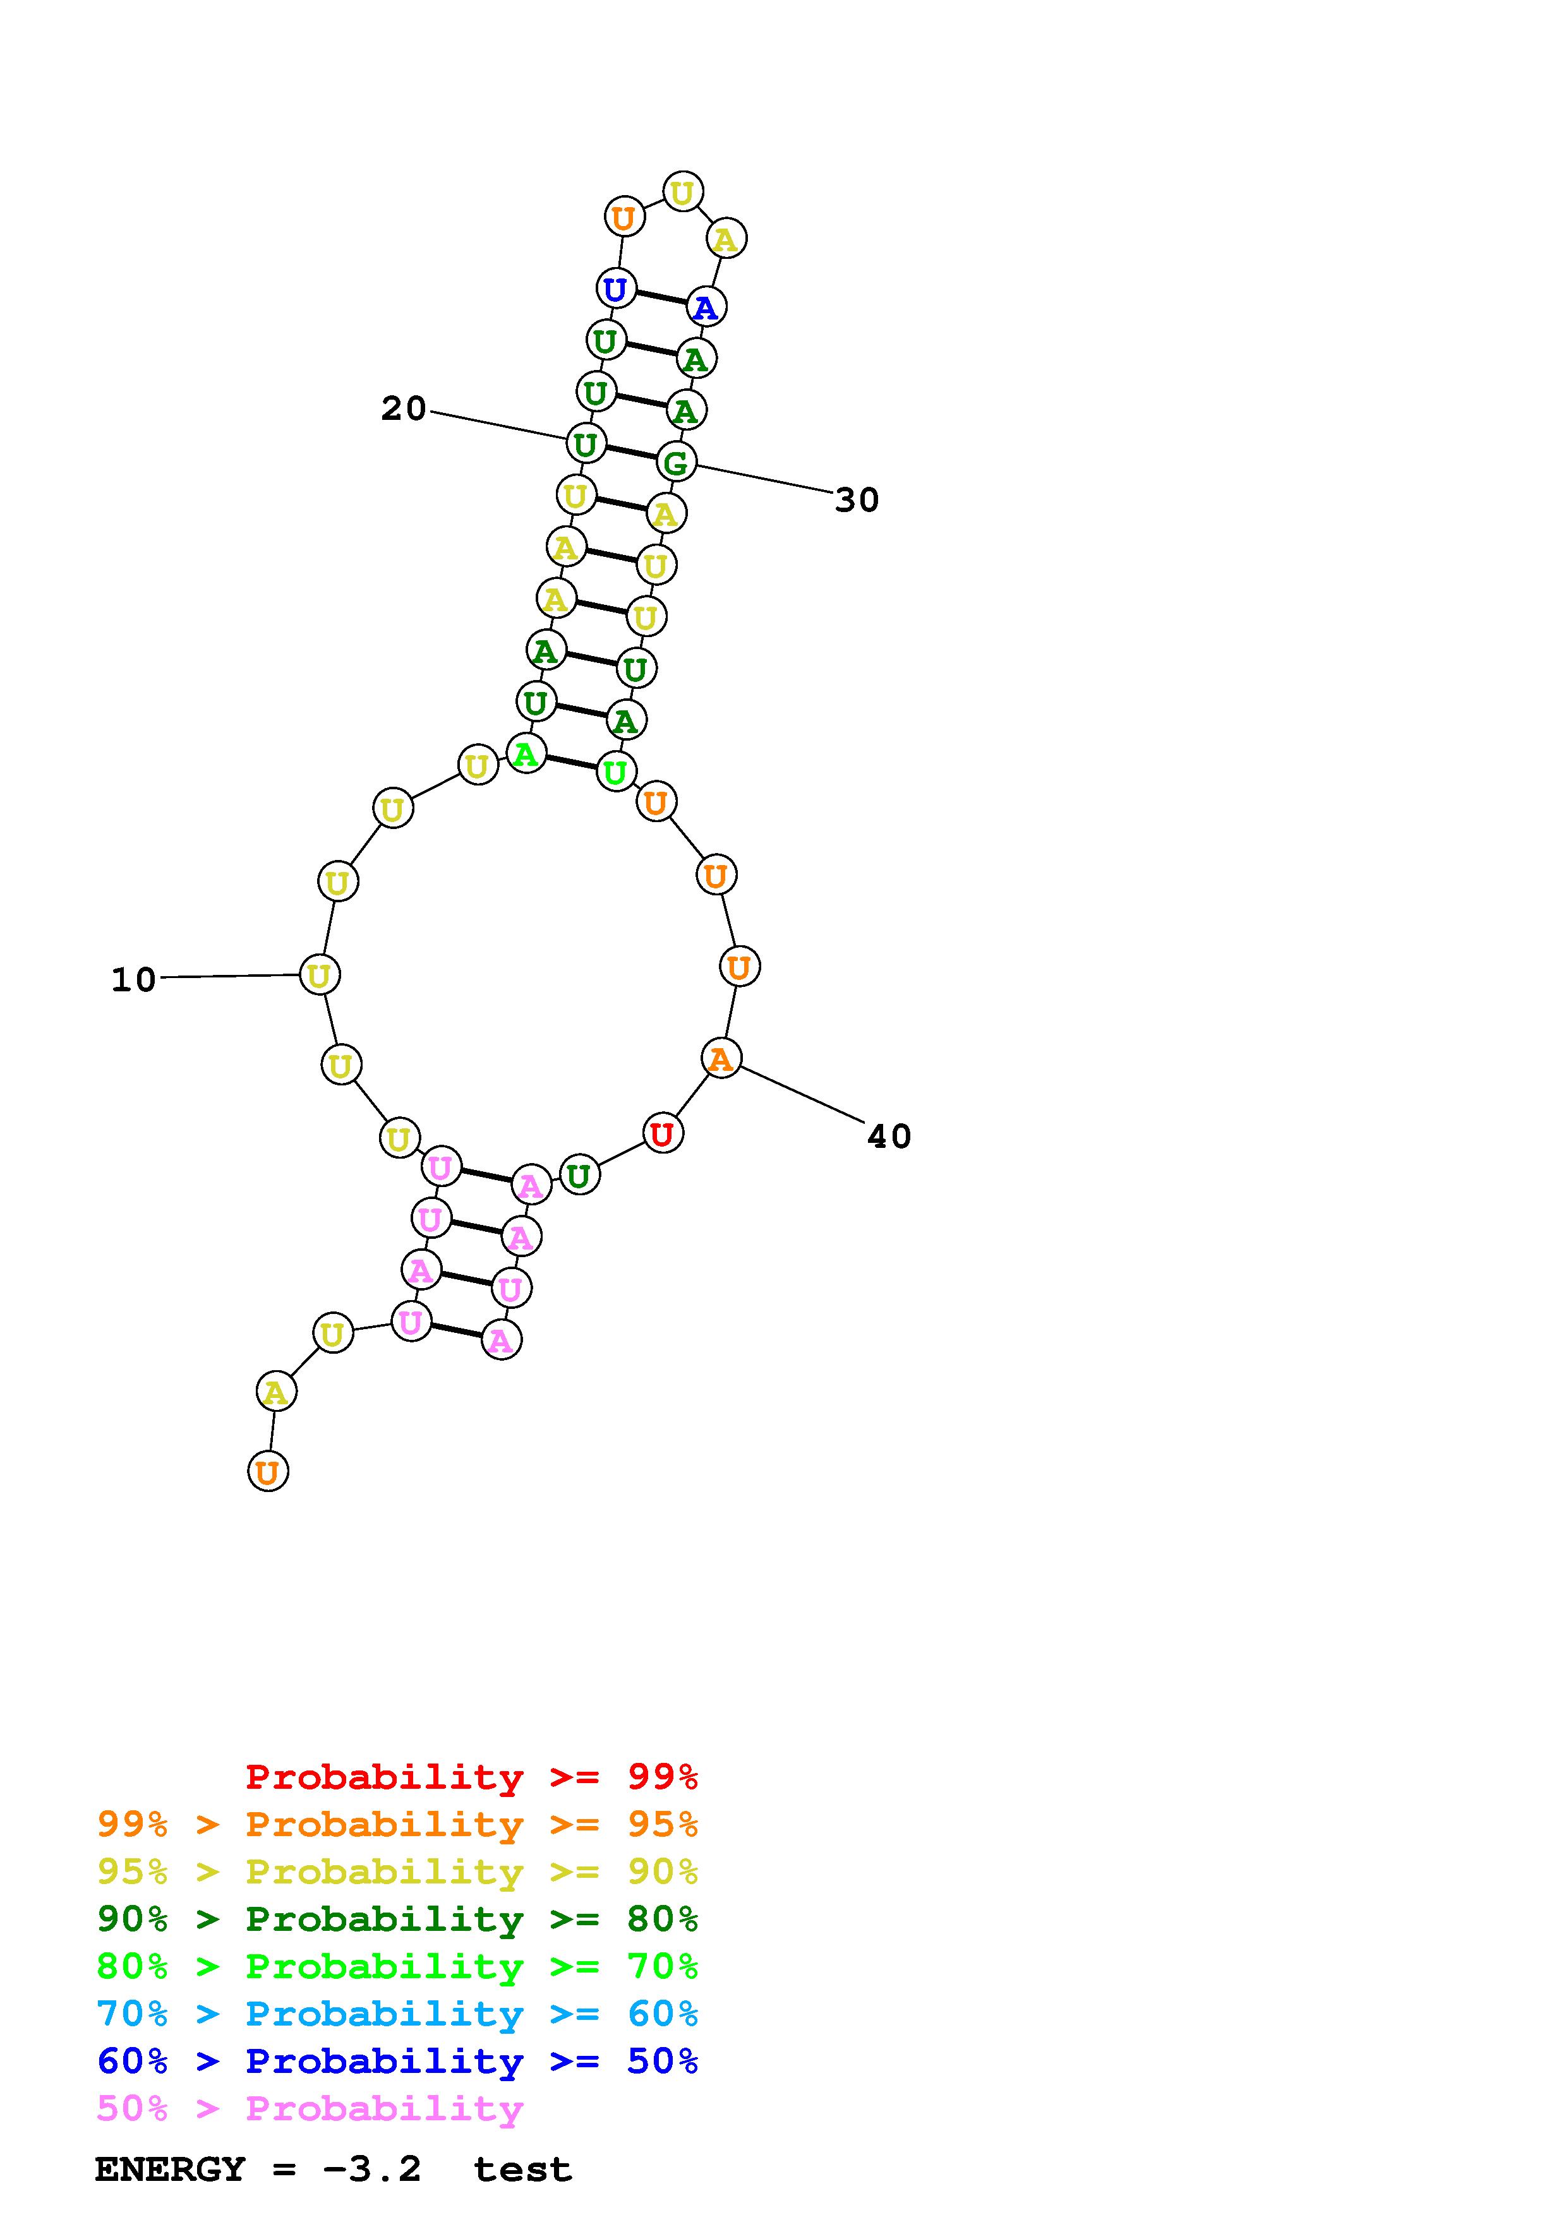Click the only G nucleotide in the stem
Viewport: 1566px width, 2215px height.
[677, 462]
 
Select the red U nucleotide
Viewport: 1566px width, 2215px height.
[662, 1133]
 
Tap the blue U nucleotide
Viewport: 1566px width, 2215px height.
[615, 289]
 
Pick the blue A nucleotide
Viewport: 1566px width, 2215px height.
[706, 307]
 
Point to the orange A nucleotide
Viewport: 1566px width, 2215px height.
[721, 1058]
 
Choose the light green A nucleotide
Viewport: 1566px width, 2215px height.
[526, 753]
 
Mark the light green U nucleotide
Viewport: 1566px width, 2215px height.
[615, 772]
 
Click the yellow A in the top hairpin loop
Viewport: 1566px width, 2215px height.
[726, 237]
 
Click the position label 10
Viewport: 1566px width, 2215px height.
[133, 979]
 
